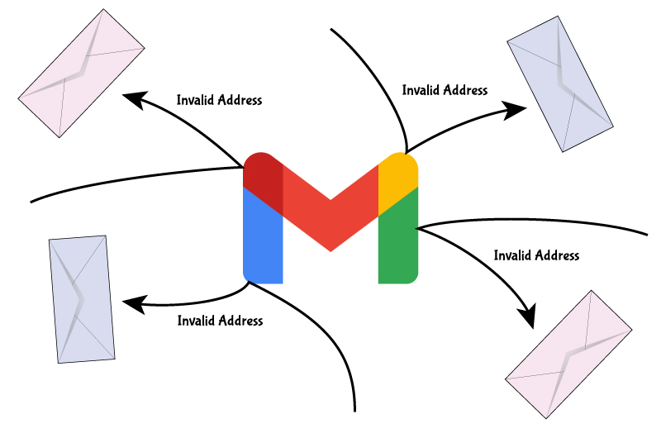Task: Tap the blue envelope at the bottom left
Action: pos(81,299)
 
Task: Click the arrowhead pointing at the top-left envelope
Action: pos(132,99)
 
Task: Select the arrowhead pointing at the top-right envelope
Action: pos(516,108)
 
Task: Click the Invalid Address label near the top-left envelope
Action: pos(219,100)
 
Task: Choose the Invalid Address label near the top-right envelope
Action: pos(444,90)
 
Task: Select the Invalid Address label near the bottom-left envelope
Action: pos(220,320)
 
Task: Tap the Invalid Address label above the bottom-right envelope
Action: pos(536,255)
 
